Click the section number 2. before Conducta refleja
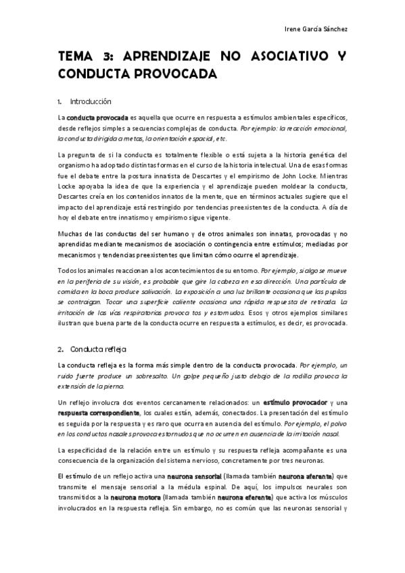[61, 349]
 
